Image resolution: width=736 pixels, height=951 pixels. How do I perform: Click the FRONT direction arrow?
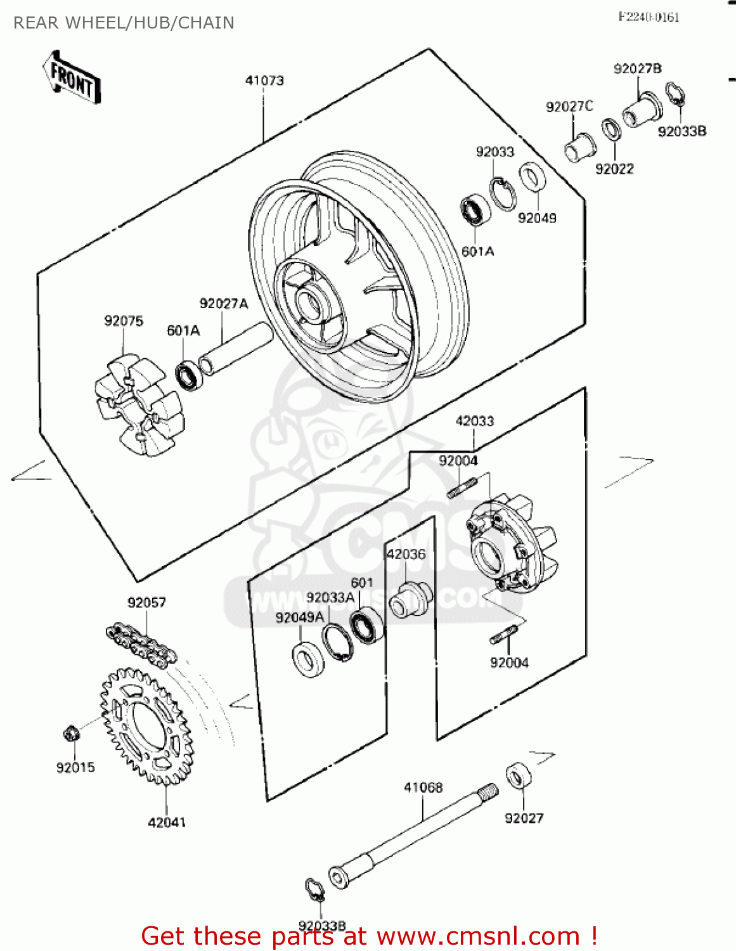72,77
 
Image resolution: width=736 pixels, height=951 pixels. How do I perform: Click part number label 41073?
264,81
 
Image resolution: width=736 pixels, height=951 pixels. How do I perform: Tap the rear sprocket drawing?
146,725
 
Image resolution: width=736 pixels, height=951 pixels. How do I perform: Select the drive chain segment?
140,644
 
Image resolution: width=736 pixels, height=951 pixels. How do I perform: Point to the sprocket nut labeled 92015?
72,734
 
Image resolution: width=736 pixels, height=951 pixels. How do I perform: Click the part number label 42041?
167,822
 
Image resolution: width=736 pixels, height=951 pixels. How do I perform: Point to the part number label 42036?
406,554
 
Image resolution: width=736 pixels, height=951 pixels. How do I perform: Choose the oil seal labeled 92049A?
308,657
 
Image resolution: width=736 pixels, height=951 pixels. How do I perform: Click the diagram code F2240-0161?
649,17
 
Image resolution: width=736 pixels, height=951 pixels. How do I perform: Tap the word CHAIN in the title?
206,23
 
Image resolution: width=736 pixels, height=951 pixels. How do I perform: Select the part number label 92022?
614,169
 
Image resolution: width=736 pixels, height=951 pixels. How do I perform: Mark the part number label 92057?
146,602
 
